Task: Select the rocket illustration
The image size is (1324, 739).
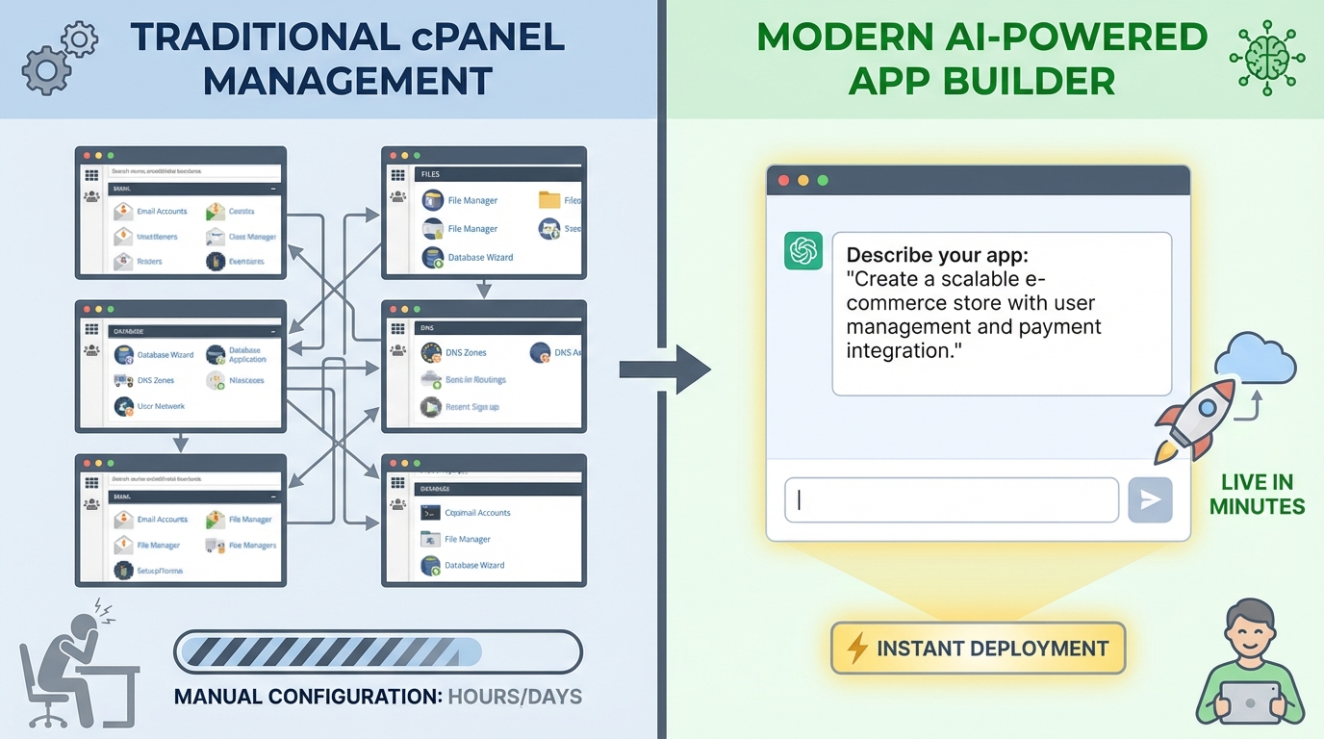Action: (x=1194, y=419)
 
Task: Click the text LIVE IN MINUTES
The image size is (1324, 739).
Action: (x=1257, y=495)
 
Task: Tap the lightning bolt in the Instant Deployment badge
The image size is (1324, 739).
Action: (x=856, y=649)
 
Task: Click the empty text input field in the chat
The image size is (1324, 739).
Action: (x=951, y=500)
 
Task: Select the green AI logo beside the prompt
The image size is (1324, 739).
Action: (x=803, y=251)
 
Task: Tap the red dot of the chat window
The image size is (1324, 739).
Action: (x=783, y=181)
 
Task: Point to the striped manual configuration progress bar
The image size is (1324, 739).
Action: (x=377, y=651)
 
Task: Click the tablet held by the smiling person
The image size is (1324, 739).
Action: (x=1249, y=702)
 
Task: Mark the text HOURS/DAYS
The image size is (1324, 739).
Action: (x=515, y=696)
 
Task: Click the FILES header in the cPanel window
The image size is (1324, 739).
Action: (x=430, y=175)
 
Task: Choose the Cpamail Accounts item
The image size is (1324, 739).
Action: (x=477, y=513)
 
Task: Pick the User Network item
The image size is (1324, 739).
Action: (x=161, y=406)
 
